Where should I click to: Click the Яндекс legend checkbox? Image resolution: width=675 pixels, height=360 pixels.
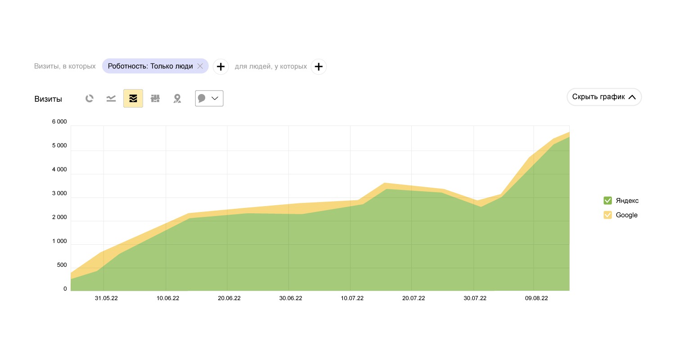pyautogui.click(x=607, y=201)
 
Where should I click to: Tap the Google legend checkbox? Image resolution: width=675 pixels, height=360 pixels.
pyautogui.click(x=607, y=215)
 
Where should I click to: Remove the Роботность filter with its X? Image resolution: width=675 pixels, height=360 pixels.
pyautogui.click(x=200, y=66)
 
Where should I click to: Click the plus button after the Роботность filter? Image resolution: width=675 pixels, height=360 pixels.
pyautogui.click(x=220, y=67)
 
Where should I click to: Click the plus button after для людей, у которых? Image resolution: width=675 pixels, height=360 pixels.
pyautogui.click(x=319, y=67)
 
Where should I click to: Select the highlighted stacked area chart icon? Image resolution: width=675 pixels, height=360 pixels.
pyautogui.click(x=133, y=99)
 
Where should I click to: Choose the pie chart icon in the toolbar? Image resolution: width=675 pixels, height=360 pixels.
pyautogui.click(x=90, y=99)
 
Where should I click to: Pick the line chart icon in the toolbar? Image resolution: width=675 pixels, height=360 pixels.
pyautogui.click(x=111, y=99)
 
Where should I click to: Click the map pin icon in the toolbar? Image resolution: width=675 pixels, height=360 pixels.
pyautogui.click(x=177, y=99)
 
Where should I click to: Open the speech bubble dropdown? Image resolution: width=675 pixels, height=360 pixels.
pyautogui.click(x=209, y=99)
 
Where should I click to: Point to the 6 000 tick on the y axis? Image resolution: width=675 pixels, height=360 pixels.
pyautogui.click(x=59, y=122)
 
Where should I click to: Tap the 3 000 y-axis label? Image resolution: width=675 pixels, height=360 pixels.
pyautogui.click(x=59, y=193)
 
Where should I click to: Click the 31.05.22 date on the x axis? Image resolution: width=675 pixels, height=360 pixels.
pyautogui.click(x=106, y=298)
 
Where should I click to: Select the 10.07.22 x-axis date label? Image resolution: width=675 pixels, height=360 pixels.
pyautogui.click(x=352, y=298)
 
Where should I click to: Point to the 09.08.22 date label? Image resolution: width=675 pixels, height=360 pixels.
pyautogui.click(x=536, y=298)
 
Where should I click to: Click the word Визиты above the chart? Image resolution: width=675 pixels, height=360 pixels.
pyautogui.click(x=48, y=99)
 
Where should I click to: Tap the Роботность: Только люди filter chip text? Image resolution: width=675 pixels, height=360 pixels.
pyautogui.click(x=150, y=66)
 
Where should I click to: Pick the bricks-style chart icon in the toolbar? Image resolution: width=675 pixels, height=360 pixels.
pyautogui.click(x=155, y=99)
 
